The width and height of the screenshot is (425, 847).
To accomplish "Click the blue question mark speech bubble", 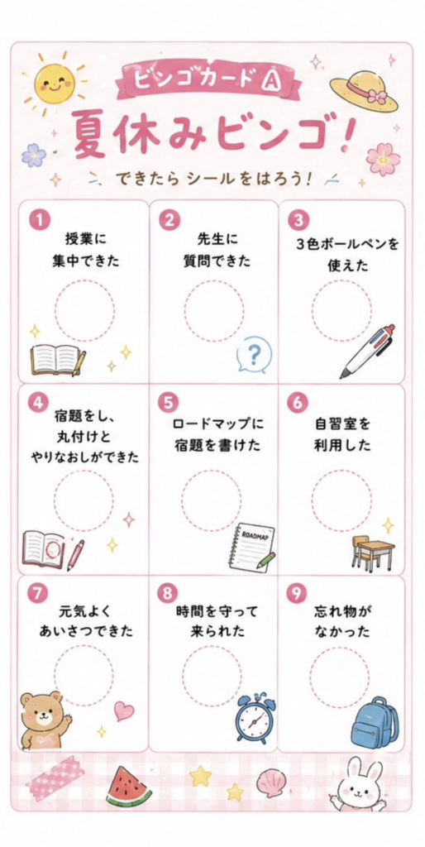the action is tap(255, 355).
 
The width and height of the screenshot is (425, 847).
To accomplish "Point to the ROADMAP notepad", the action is tap(251, 547).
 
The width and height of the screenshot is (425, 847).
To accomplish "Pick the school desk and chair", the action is tap(373, 553).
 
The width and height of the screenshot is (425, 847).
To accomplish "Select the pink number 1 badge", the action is tap(40, 220).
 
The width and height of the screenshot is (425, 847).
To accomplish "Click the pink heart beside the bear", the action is tap(124, 711).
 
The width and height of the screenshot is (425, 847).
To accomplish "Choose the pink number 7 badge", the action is tap(37, 593).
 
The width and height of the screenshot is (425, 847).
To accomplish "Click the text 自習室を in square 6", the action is tap(343, 424).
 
